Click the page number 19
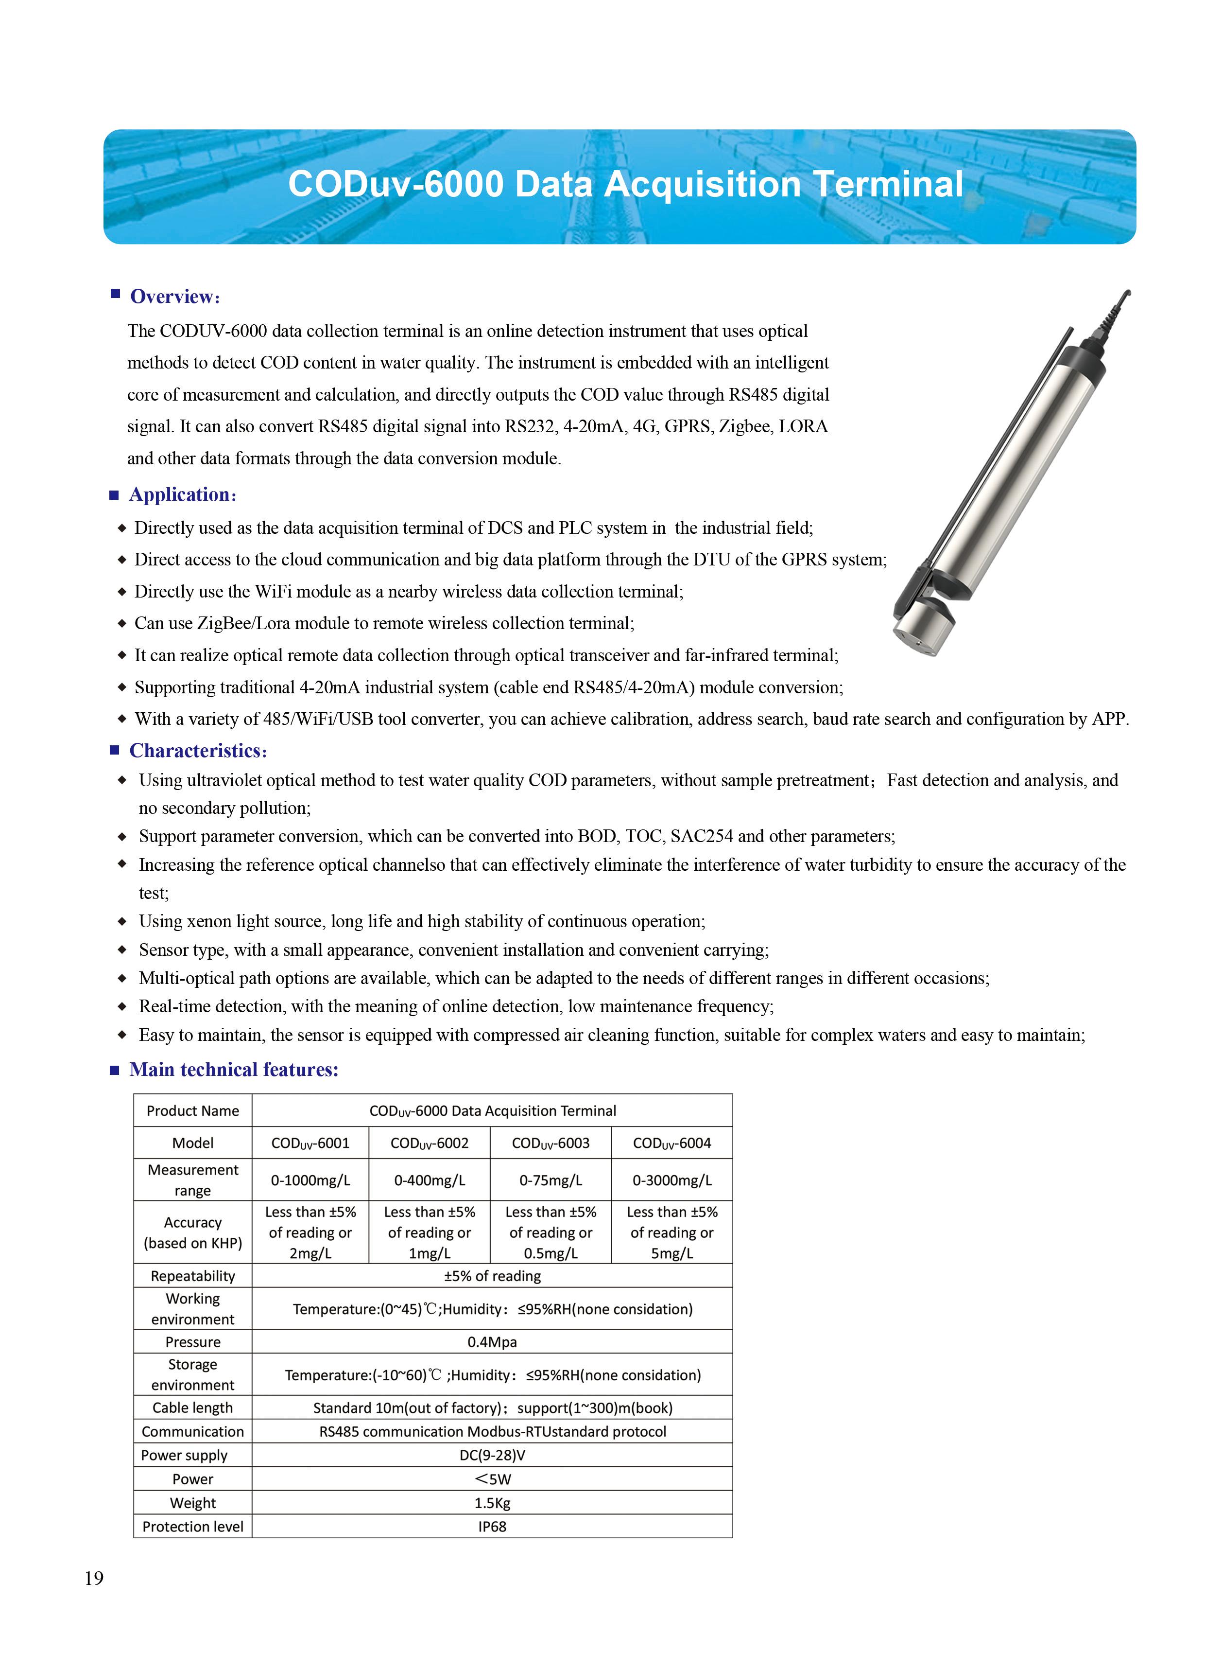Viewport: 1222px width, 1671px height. (94, 1579)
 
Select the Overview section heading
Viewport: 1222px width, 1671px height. (174, 297)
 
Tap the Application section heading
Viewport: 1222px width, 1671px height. (182, 494)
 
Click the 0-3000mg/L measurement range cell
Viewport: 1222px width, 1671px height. (671, 1180)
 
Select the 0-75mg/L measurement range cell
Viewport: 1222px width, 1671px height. (551, 1180)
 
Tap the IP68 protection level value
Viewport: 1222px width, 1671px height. (492, 1526)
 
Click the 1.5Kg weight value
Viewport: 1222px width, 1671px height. (492, 1502)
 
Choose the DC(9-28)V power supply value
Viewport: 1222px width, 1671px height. (492, 1455)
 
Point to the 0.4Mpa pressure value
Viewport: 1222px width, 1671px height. (492, 1342)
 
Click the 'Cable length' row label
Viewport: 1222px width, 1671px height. (192, 1407)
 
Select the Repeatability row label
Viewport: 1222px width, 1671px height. (192, 1276)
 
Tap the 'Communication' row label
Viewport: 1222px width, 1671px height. (192, 1431)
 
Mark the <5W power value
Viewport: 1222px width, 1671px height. (492, 1478)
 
